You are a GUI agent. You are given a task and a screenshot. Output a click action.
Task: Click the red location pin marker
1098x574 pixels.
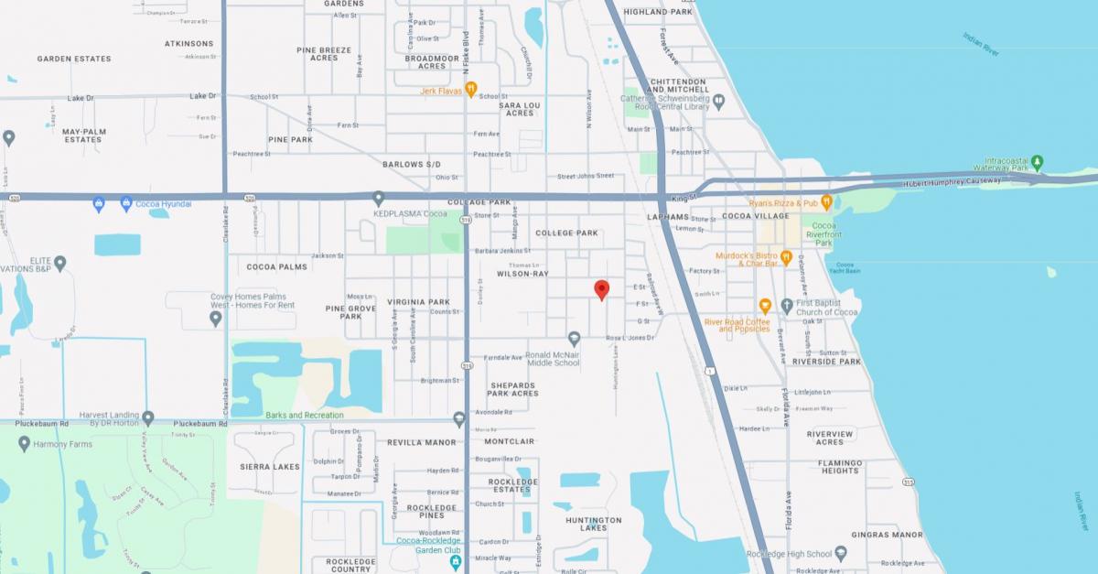click(x=601, y=289)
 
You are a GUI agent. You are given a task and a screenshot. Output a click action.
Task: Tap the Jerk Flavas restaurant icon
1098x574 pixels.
click(x=471, y=89)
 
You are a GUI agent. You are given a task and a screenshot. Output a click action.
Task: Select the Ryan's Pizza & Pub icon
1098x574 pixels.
click(x=825, y=202)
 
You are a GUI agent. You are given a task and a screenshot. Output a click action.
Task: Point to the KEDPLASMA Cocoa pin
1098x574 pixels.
click(x=379, y=198)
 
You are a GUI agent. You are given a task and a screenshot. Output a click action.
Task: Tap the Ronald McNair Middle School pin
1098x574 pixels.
click(x=574, y=338)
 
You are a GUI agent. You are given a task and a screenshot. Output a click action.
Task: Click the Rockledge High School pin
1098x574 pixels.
click(x=841, y=553)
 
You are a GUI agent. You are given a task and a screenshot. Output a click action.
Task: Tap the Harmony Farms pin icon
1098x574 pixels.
click(x=25, y=444)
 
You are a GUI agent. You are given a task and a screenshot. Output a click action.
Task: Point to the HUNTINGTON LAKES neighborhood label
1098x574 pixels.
click(x=593, y=524)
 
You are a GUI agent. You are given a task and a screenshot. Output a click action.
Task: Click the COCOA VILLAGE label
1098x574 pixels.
click(x=755, y=216)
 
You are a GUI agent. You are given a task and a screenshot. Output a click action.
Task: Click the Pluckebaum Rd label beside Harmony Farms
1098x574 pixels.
click(x=39, y=425)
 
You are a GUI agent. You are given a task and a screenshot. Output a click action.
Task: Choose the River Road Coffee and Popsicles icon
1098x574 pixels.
click(x=765, y=306)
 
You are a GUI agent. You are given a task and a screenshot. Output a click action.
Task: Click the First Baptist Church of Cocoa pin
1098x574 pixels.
click(x=787, y=306)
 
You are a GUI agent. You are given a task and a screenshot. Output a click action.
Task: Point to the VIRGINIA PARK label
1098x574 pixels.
click(x=418, y=301)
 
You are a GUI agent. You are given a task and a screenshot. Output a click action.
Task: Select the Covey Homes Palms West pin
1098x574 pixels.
click(x=215, y=318)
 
